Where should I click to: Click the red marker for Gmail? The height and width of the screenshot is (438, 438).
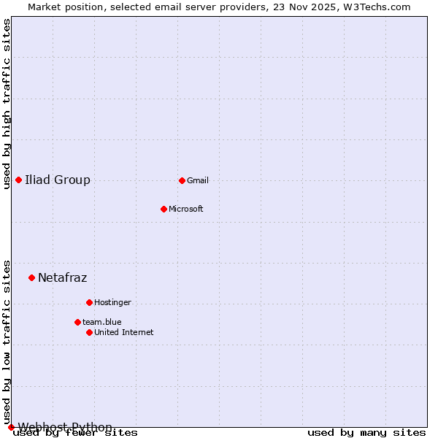pos(182,180)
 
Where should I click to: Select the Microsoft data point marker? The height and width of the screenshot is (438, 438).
pos(164,209)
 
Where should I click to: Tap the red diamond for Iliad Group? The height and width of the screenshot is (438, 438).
pos(18,180)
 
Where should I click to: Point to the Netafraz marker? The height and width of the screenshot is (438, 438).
pos(31,277)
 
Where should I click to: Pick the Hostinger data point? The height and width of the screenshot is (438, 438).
pos(89,302)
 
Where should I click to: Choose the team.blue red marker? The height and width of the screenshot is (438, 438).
pos(77,322)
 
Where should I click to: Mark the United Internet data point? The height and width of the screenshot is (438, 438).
pos(89,332)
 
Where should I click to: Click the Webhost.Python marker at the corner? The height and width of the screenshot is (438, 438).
pos(11,427)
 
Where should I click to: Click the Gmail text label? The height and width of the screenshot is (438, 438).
pos(198,180)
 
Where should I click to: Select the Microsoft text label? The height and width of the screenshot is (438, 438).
pos(186,209)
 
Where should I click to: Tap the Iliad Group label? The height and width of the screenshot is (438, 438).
pos(58,180)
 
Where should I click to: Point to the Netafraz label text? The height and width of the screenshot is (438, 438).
pos(63,277)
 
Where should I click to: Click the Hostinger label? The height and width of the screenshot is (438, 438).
pos(112,302)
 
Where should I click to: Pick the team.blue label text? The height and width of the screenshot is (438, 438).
pos(102,322)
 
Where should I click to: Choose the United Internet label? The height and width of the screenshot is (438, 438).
pos(124,332)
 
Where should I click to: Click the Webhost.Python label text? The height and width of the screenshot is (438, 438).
pos(65,427)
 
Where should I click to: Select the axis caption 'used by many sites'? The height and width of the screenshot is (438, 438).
pos(366,432)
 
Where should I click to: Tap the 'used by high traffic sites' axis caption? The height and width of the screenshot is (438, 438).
pos(7,104)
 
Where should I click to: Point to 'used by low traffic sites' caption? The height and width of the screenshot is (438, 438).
pos(7,342)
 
